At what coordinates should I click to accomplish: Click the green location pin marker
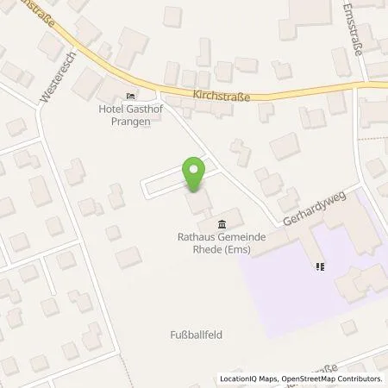pos(195,173)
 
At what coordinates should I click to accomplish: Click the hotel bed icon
pos(130,96)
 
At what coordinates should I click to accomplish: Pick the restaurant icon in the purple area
pos(320,266)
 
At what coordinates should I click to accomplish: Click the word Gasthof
pos(143,110)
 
